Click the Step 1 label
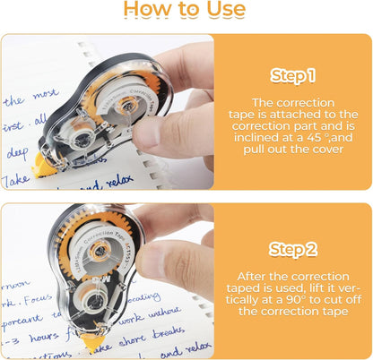tap(293, 76)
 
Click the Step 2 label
tap(293, 248)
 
